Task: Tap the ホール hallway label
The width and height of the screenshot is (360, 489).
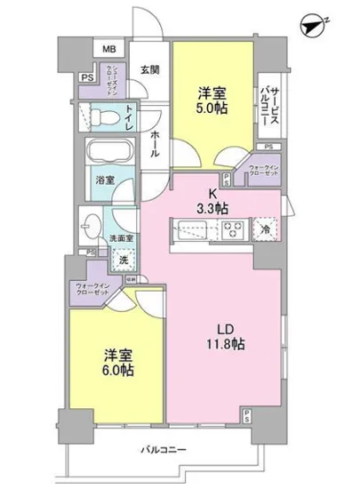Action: click(x=155, y=142)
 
